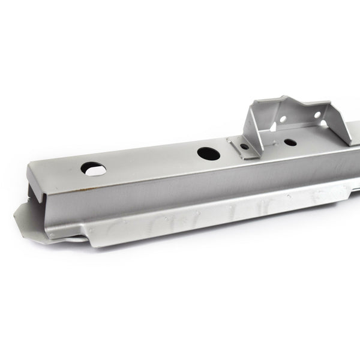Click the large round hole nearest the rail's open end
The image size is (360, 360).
[94, 169]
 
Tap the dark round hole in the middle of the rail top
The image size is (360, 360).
[208, 153]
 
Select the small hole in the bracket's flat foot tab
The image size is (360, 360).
[244, 146]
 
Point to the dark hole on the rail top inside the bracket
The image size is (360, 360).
[290, 143]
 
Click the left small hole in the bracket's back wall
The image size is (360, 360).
[283, 119]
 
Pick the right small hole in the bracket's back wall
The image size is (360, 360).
[317, 115]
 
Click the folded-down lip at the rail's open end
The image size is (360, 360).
[36, 180]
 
